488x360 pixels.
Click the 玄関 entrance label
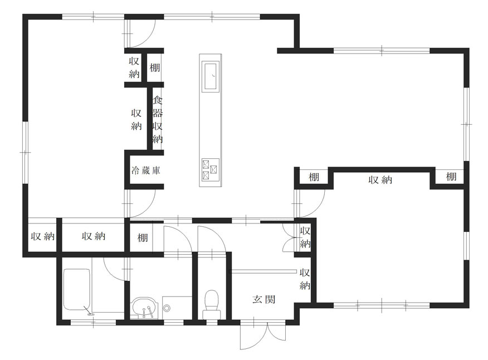coord(264,300)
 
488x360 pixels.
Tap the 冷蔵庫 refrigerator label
coord(145,171)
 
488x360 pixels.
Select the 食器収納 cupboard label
coord(158,120)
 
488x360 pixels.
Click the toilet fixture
coord(212,304)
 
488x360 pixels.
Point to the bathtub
coord(77,290)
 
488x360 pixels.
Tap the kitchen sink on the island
coord(211,76)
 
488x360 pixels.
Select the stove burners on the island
coord(211,170)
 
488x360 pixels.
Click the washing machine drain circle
coord(167,309)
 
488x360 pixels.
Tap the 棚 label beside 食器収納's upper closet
coord(155,67)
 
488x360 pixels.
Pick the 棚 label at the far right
coord(451,177)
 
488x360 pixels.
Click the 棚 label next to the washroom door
coord(143,238)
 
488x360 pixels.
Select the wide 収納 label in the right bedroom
coord(380,179)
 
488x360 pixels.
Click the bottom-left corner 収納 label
coord(43,236)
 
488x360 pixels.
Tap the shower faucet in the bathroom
coord(88,311)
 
